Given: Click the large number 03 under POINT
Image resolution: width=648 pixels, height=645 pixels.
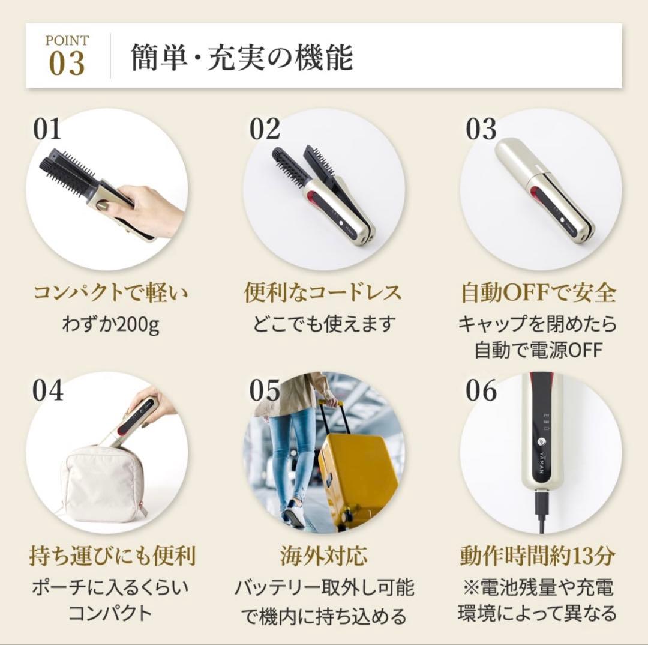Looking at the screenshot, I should pyautogui.click(x=67, y=64).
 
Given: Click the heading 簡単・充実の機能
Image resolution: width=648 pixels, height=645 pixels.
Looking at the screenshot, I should pyautogui.click(x=242, y=58).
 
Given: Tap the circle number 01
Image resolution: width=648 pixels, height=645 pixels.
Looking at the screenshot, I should pyautogui.click(x=47, y=130).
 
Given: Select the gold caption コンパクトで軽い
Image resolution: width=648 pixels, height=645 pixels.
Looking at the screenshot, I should pyautogui.click(x=110, y=294).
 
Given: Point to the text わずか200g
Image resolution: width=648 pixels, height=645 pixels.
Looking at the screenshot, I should pyautogui.click(x=110, y=325).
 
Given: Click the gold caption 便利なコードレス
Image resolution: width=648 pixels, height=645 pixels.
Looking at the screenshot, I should pyautogui.click(x=323, y=294).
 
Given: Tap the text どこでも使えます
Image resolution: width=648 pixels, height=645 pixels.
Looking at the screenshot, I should pyautogui.click(x=325, y=325).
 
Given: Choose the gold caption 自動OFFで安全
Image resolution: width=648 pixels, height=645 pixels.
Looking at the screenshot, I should pyautogui.click(x=538, y=294).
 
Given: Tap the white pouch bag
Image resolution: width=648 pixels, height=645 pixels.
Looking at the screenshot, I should pyautogui.click(x=103, y=484).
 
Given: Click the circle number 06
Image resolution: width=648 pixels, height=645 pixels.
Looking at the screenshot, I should pyautogui.click(x=481, y=392).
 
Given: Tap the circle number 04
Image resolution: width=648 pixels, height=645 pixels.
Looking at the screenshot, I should pyautogui.click(x=48, y=392).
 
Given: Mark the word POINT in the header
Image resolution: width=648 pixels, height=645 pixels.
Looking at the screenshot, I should pyautogui.click(x=67, y=41).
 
